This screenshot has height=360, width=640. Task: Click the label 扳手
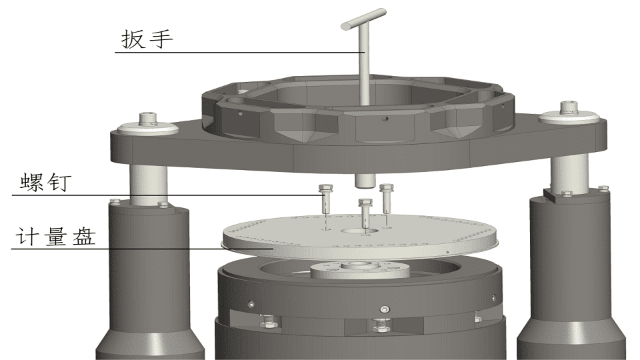click(147, 39)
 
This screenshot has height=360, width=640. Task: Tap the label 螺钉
click(46, 182)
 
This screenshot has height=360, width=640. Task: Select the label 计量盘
click(56, 237)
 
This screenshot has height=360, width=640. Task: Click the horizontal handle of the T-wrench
click(363, 19)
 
